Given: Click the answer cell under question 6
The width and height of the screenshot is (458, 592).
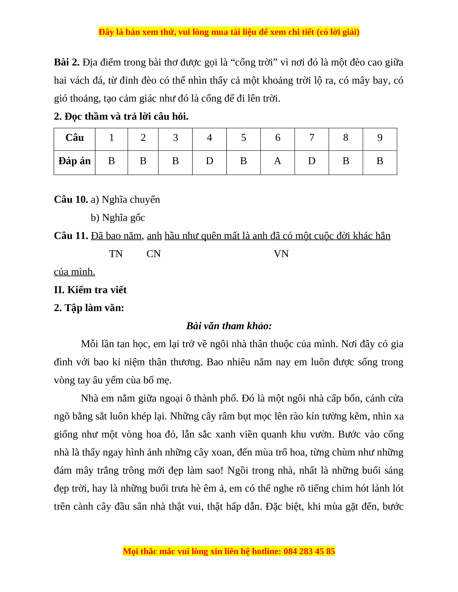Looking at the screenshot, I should point(277,161).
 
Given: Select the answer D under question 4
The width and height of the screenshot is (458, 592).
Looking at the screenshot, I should point(209,161).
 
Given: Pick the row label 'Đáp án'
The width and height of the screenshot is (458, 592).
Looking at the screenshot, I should point(75,161).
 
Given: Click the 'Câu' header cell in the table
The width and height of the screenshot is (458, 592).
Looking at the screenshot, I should point(75,138).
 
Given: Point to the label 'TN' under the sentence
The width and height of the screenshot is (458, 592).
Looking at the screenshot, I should point(116,254).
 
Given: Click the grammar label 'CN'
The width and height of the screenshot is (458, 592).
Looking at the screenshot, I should point(154,254).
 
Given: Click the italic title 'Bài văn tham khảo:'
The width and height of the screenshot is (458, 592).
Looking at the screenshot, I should point(229,326).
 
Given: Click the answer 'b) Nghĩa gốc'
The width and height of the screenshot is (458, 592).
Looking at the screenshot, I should point(118,218).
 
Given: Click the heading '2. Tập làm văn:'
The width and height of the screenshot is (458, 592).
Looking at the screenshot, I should point(89,308).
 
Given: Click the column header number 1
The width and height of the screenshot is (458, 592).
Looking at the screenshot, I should point(112,138).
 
